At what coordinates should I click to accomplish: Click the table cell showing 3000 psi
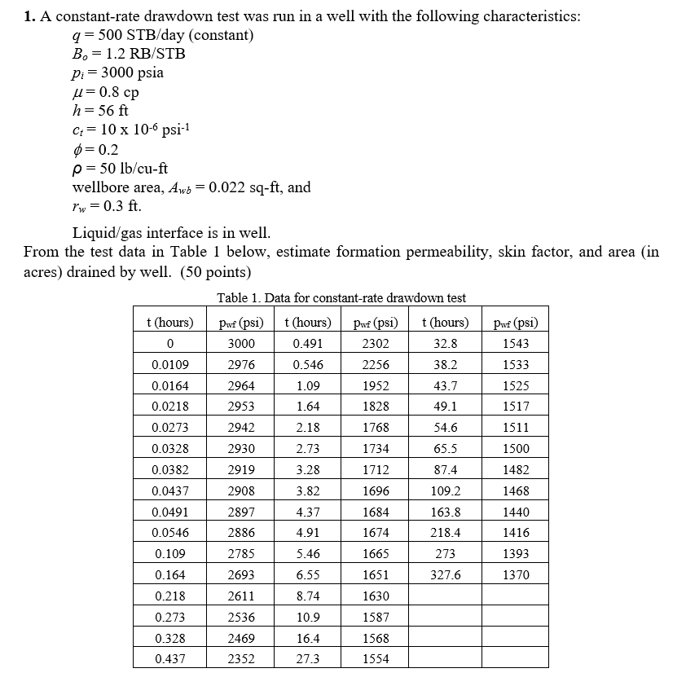tap(241, 343)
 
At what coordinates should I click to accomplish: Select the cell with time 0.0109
tap(172, 364)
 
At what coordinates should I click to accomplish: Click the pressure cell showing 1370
tap(516, 574)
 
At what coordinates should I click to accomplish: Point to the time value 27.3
tap(307, 658)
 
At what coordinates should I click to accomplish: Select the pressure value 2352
tap(241, 658)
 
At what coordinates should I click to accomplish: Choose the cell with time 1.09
tap(307, 385)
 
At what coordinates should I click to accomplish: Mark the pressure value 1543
tap(516, 343)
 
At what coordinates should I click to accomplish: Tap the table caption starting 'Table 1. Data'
tap(341, 298)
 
